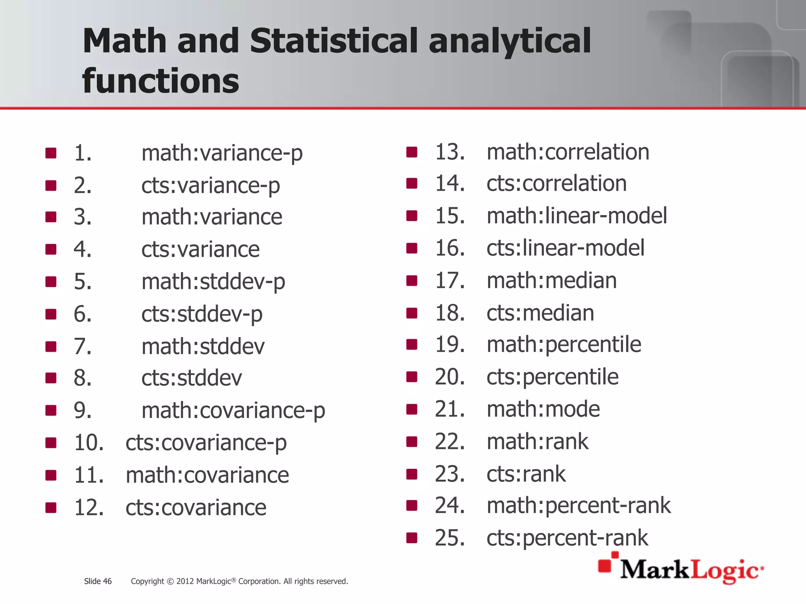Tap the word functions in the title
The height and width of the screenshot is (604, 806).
161,81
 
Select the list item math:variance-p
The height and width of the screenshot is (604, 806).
222,153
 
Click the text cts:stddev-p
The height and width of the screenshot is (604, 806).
202,314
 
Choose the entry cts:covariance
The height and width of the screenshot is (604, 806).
196,508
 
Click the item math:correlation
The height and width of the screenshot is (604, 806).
568,152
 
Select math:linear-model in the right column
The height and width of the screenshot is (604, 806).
577,216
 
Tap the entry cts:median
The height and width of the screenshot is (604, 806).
540,313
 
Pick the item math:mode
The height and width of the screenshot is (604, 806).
543,409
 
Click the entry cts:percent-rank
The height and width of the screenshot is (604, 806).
567,538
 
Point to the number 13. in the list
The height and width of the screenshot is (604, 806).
449,152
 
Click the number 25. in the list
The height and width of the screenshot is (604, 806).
449,538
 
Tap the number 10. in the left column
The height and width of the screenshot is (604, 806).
89,443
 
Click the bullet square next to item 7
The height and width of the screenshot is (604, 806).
51,346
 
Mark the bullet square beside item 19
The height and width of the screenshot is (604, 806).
412,344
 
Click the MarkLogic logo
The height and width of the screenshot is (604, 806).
681,569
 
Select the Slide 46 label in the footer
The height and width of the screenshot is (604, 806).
98,581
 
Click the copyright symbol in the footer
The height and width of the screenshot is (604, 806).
170,582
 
